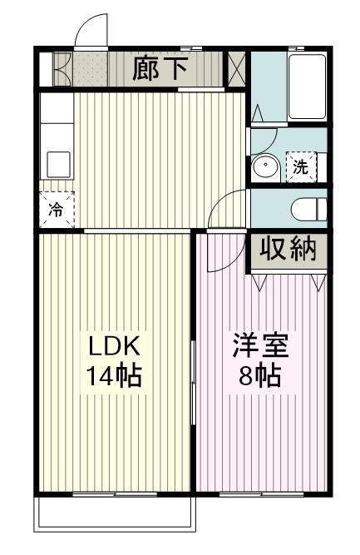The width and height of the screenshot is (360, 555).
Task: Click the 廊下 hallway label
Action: coord(160,69)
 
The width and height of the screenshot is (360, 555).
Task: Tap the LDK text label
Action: coord(114,346)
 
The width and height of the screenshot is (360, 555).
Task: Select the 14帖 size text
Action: coord(114,375)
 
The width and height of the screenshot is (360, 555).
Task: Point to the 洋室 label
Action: coord(260,346)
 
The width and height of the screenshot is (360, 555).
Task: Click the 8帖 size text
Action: coord(260,375)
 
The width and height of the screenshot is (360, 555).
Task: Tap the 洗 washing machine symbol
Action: coord(301,166)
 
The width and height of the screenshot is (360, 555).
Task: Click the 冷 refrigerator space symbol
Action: coord(57,210)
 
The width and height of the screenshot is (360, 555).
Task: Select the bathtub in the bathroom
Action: coord(307,87)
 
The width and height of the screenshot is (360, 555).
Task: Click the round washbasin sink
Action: coord(265,166)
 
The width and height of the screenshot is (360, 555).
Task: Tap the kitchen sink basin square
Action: coord(59,164)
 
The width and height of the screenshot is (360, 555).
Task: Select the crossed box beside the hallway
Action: coord(236,69)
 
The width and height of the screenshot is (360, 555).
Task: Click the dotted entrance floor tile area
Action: coord(91,69)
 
